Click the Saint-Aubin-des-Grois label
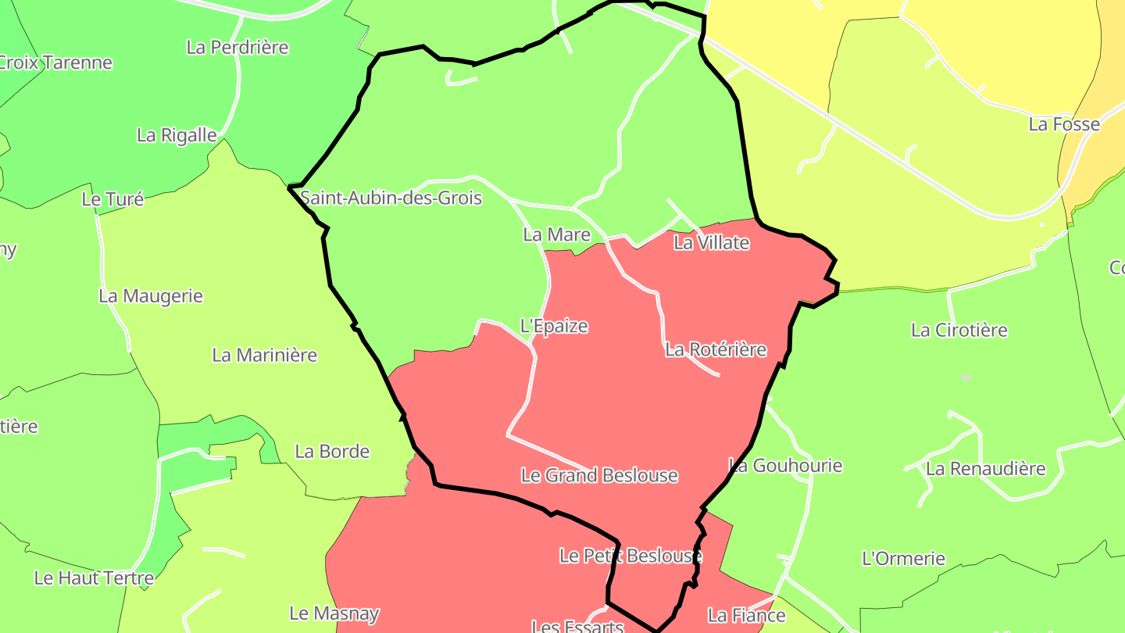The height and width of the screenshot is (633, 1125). [391, 198]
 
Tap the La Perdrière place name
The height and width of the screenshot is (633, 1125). [237, 47]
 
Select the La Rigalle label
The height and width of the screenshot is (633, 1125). [177, 135]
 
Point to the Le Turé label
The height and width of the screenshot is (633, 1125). [112, 199]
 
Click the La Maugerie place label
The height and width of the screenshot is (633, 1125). [151, 296]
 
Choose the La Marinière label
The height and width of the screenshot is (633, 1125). [265, 355]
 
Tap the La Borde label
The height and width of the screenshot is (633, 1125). [332, 451]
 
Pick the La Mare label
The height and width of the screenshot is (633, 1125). [557, 234]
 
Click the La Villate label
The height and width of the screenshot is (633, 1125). [711, 243]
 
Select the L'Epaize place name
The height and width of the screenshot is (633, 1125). [554, 326]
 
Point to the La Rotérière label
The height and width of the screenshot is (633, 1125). [716, 349]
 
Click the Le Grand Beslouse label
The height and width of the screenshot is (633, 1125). [599, 475]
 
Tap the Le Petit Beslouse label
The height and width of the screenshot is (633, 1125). [630, 556]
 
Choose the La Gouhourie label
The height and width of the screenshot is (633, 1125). [786, 466]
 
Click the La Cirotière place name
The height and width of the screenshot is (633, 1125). [959, 330]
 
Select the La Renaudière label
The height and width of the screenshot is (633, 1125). [986, 469]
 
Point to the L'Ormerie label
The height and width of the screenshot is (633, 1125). [903, 559]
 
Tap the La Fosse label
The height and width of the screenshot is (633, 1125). [1064, 124]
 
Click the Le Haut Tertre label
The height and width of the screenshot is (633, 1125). [94, 578]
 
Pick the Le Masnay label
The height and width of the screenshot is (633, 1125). [334, 613]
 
